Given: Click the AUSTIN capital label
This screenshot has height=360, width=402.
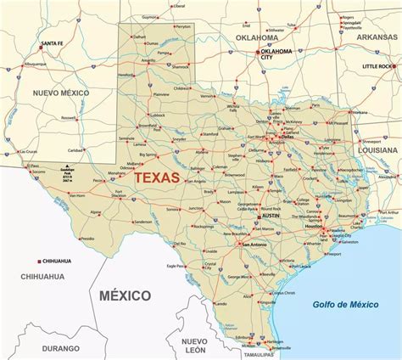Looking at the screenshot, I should pos(265,218).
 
